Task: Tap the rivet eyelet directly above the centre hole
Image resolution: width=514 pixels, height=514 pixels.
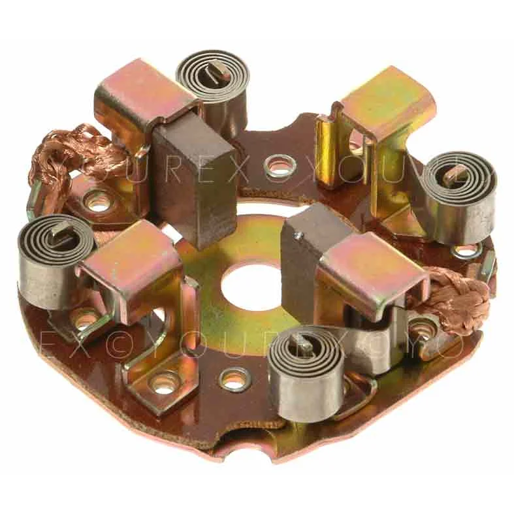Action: coord(280,167)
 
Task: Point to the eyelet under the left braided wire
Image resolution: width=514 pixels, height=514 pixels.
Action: coord(99,202)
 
